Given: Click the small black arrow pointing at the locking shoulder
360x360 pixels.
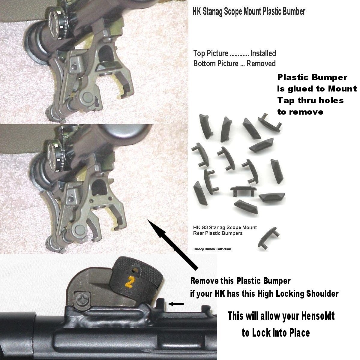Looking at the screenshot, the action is tap(176, 304).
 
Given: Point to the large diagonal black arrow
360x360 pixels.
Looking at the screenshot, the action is tap(173, 244).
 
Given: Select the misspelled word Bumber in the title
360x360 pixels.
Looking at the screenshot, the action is tap(294, 12).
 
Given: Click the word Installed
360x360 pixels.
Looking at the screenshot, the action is tap(263, 53).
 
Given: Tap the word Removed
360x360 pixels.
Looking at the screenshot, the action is tap(261, 64).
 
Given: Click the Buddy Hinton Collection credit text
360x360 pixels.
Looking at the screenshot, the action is tap(212, 249).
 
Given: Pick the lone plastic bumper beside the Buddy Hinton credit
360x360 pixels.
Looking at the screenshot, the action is tap(268, 238).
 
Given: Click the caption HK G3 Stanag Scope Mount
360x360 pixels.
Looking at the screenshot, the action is tap(225, 227).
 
